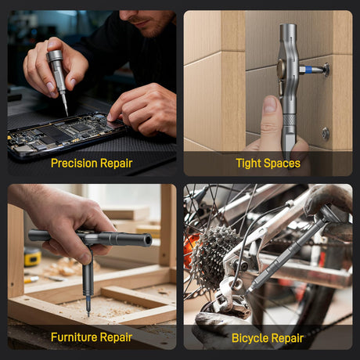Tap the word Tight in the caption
[248, 164]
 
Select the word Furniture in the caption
[74, 337]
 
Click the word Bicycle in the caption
[250, 338]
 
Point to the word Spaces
[282, 164]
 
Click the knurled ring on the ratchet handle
[290, 120]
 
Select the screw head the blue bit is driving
[326, 70]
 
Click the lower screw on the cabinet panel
[325, 134]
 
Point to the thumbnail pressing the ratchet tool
[271, 104]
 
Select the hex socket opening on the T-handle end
[148, 239]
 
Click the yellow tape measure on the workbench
[32, 256]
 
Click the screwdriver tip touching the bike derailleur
[248, 290]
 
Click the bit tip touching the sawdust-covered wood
[88, 314]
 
